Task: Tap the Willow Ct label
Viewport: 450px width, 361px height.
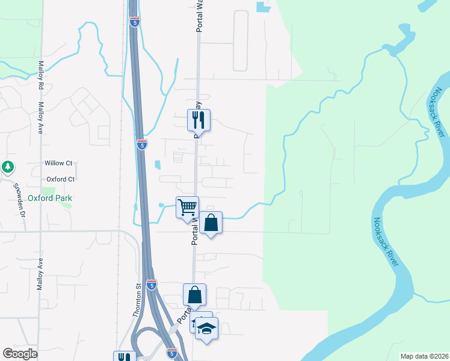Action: (58, 163)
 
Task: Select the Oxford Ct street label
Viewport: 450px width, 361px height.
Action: (60, 179)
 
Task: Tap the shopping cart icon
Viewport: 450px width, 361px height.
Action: (188, 208)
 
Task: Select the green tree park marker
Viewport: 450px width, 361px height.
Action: (7, 166)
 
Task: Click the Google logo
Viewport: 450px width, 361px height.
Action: (20, 354)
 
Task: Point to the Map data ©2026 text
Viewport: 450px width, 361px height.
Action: (424, 356)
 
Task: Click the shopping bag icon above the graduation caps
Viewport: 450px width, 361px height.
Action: (194, 295)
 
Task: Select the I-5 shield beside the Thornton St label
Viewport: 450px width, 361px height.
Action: (152, 285)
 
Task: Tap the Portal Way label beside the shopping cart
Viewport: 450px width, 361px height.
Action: (195, 231)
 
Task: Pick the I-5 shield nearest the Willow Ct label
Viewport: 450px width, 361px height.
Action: (141, 145)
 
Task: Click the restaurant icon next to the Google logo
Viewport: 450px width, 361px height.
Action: (125, 357)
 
